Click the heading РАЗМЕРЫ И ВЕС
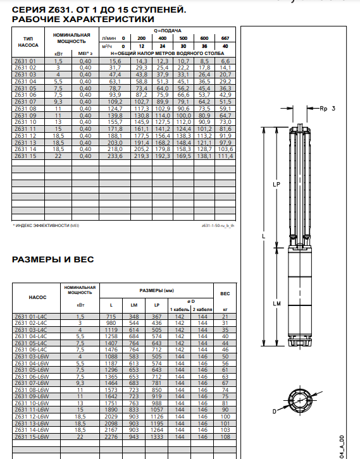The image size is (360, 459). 53,259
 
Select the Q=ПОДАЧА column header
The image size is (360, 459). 168,30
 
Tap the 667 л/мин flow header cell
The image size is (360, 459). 225,38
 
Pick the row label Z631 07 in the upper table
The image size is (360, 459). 25,102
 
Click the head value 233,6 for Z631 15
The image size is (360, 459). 115,156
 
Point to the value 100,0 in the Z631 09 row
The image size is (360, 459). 183,115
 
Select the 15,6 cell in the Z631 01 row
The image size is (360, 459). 115,61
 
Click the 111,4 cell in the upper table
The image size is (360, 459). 225,156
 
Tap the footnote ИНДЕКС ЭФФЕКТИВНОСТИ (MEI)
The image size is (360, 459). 46,226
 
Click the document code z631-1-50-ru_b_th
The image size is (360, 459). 218,226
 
